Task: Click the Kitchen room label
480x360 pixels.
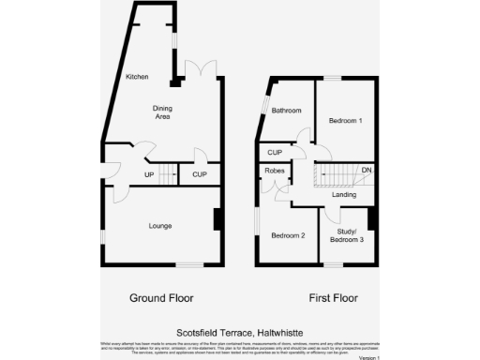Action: [137, 77]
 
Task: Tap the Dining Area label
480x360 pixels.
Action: [164, 112]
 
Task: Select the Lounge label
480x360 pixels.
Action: [160, 226]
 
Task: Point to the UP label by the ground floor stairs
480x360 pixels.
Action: [149, 174]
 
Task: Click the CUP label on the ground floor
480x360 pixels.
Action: [199, 174]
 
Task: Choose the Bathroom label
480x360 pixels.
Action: [286, 111]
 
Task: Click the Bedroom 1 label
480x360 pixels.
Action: [345, 122]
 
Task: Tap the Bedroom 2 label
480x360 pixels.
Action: [288, 235]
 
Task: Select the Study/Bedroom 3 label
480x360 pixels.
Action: [346, 236]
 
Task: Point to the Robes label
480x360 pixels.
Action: [275, 171]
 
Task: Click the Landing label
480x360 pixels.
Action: [344, 194]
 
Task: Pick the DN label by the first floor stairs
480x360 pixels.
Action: [367, 171]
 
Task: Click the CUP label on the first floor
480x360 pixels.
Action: [275, 152]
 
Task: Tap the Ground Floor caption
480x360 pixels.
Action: [161, 298]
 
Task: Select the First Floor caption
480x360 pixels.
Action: [334, 298]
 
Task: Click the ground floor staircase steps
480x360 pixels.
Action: [168, 173]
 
